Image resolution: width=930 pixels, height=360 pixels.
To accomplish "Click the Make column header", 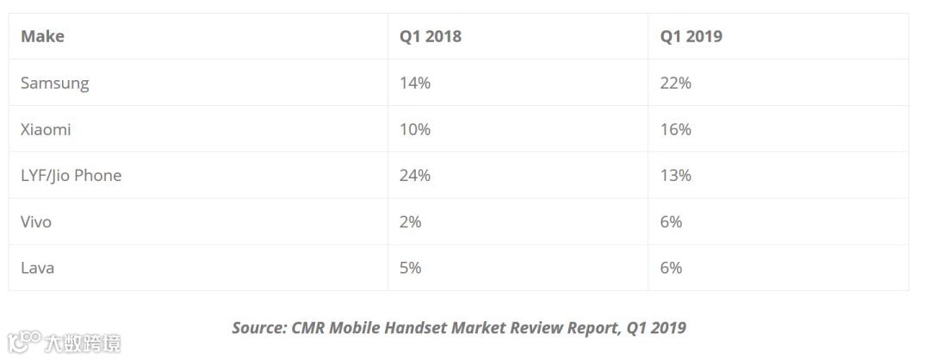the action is pyautogui.click(x=42, y=36).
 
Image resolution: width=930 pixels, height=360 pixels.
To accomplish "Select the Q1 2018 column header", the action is pyautogui.click(x=430, y=36).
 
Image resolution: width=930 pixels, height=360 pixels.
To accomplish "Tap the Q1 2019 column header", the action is pyautogui.click(x=691, y=36).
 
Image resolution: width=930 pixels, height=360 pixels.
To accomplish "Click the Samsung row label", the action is pyautogui.click(x=54, y=83).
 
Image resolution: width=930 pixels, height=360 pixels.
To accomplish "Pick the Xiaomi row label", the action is pyautogui.click(x=46, y=129).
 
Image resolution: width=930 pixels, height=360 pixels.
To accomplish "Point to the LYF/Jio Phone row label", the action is pyautogui.click(x=71, y=176).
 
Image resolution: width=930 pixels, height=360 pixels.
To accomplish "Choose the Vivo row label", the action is pyautogui.click(x=36, y=222).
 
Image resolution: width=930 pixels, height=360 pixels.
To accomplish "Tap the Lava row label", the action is pyautogui.click(x=37, y=268).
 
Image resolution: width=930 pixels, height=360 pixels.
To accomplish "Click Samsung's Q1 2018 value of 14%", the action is pyautogui.click(x=414, y=83).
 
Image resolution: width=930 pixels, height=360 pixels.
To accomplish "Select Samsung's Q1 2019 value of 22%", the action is pyautogui.click(x=676, y=83).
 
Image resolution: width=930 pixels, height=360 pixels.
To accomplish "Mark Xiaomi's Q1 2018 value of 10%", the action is pyautogui.click(x=414, y=129).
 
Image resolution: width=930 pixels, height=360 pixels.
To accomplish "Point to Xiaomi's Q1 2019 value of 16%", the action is pyautogui.click(x=676, y=129).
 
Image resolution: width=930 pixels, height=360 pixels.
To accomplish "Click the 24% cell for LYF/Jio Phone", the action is pyautogui.click(x=414, y=176).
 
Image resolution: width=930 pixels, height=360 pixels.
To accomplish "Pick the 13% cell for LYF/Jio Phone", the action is pyautogui.click(x=676, y=176).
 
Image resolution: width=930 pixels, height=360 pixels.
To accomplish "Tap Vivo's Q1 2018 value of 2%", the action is pyautogui.click(x=411, y=222).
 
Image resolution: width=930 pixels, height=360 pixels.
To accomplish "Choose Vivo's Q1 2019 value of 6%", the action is pyautogui.click(x=672, y=222).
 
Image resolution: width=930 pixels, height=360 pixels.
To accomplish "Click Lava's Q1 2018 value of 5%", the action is pyautogui.click(x=411, y=268).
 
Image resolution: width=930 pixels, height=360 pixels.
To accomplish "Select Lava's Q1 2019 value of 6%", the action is pyautogui.click(x=672, y=268).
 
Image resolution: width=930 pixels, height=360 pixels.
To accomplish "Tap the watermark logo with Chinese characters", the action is pyautogui.click(x=64, y=342).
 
